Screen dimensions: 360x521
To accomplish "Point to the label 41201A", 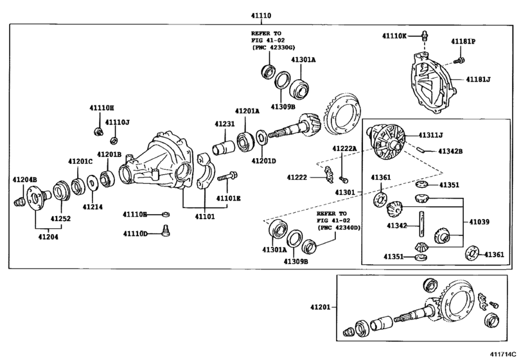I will click(247, 111).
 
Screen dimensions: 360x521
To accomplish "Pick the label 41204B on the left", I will click(24, 179).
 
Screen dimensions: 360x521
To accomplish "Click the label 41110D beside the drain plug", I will click(135, 233).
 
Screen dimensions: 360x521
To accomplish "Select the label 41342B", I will click(450, 151).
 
